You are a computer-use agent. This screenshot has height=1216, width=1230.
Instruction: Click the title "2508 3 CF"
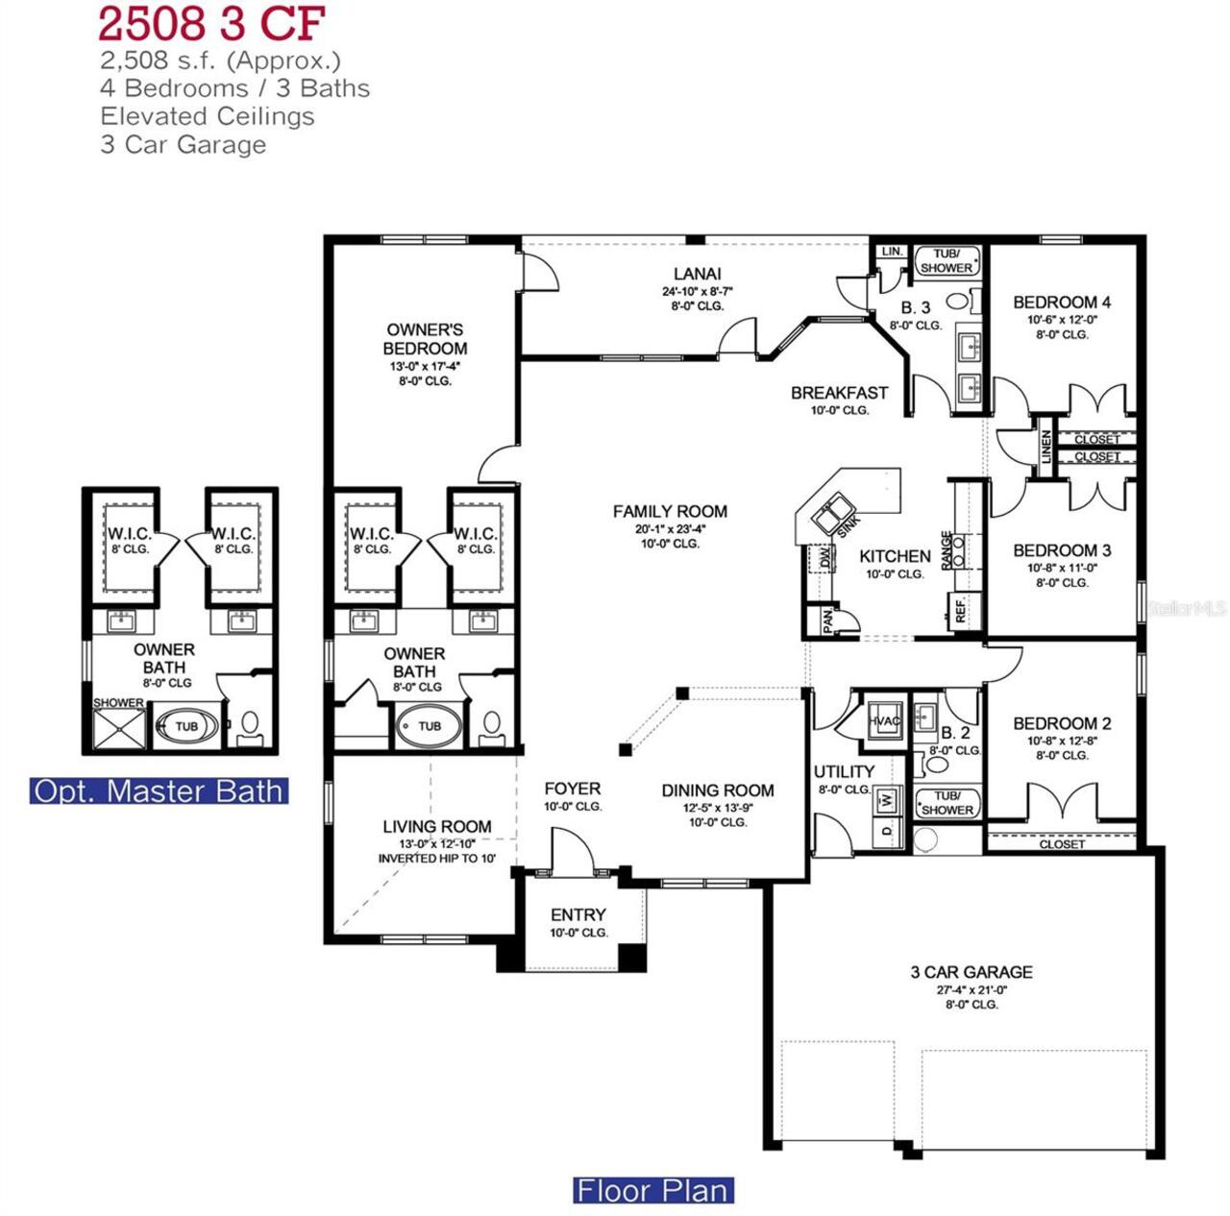(x=211, y=23)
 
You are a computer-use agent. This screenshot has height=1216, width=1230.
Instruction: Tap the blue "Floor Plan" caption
(x=653, y=1191)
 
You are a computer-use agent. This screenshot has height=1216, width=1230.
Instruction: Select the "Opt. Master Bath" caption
(x=159, y=790)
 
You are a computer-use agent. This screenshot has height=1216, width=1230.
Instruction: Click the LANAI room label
(x=697, y=275)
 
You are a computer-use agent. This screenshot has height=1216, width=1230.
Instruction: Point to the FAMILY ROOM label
(x=670, y=512)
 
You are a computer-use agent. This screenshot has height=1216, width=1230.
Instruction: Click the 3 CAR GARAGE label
(x=972, y=972)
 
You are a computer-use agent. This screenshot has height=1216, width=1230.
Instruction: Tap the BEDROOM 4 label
(x=1062, y=303)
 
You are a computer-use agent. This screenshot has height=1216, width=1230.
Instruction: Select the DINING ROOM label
(x=718, y=790)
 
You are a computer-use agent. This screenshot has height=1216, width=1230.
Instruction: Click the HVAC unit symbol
(x=884, y=720)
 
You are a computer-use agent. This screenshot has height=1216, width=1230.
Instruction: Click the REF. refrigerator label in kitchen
(x=959, y=609)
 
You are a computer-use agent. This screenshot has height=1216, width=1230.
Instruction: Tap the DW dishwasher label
(x=824, y=558)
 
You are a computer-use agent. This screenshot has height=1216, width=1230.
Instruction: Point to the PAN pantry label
(x=827, y=621)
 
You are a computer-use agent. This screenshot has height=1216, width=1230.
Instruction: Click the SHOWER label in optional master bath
(x=118, y=703)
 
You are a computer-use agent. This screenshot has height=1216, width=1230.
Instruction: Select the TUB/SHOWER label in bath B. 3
(x=947, y=261)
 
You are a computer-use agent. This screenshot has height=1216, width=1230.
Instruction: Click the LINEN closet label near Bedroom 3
(x=1046, y=447)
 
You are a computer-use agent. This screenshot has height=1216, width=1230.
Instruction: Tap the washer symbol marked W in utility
(x=888, y=798)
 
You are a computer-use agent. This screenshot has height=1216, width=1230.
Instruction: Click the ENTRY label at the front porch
(x=578, y=915)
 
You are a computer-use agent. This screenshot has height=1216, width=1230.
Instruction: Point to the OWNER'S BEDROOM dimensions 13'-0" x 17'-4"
(x=425, y=366)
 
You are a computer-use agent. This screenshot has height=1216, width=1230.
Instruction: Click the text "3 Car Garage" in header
(x=184, y=145)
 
